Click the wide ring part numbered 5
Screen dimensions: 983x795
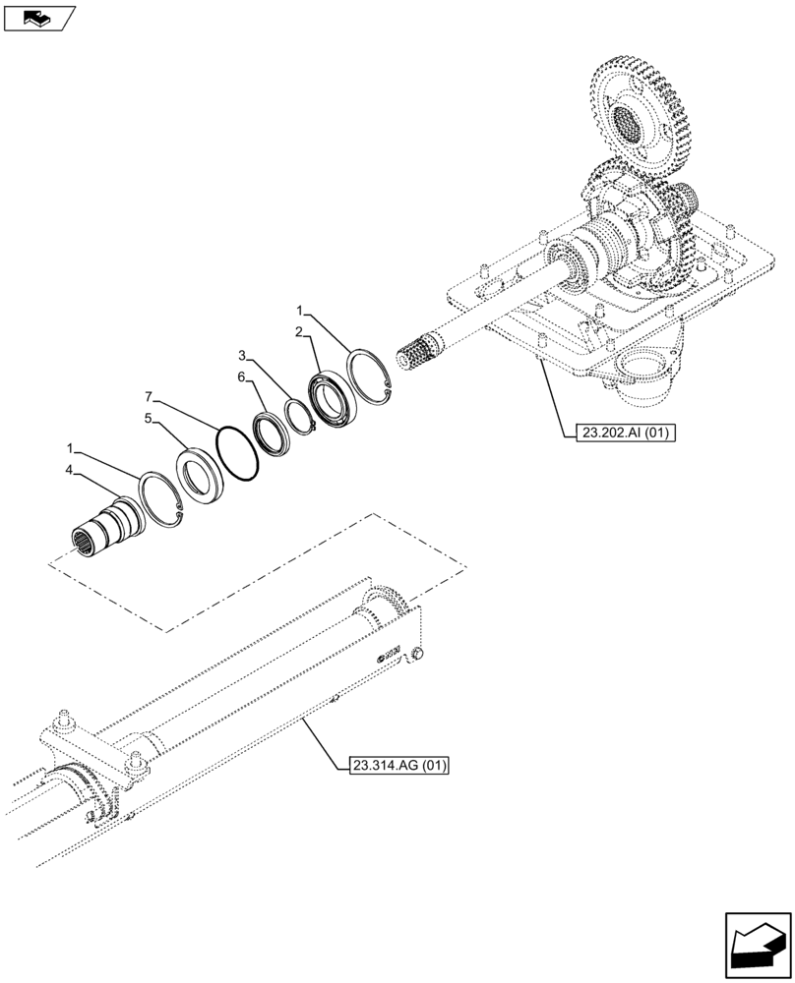click(x=202, y=475)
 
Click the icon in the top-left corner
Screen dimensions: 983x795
click(x=39, y=17)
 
